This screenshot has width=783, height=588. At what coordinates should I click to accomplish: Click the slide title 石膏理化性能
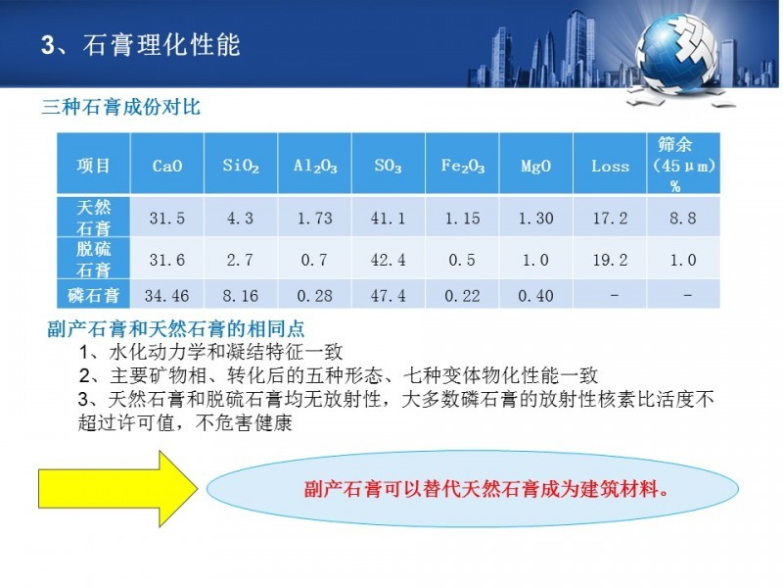161,45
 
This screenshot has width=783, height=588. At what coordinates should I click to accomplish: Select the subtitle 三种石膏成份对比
120,107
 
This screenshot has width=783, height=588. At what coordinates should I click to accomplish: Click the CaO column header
167,166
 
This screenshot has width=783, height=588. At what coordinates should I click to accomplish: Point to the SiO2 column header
241,166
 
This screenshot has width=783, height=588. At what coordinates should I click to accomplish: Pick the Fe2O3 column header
462,166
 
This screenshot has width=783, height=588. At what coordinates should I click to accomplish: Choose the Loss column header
610,166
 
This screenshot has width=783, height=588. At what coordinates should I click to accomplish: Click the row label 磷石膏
93,296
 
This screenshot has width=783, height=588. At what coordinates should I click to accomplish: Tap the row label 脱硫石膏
93,260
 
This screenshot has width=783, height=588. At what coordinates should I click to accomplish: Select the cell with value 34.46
166,296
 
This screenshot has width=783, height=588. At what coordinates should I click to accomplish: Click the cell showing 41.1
388,218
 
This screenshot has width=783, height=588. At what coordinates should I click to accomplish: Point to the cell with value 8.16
240,296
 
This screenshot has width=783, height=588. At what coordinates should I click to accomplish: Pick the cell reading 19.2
610,260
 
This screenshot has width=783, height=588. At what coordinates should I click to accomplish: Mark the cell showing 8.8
682,218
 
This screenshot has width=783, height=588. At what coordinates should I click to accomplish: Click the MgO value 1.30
535,218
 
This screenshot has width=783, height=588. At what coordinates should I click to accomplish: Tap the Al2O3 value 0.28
314,296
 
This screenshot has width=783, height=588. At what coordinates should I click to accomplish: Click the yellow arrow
117,488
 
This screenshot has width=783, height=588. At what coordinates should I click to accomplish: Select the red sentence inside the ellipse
486,488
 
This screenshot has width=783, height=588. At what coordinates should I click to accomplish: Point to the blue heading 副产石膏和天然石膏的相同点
176,329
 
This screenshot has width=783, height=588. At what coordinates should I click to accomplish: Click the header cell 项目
93,166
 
